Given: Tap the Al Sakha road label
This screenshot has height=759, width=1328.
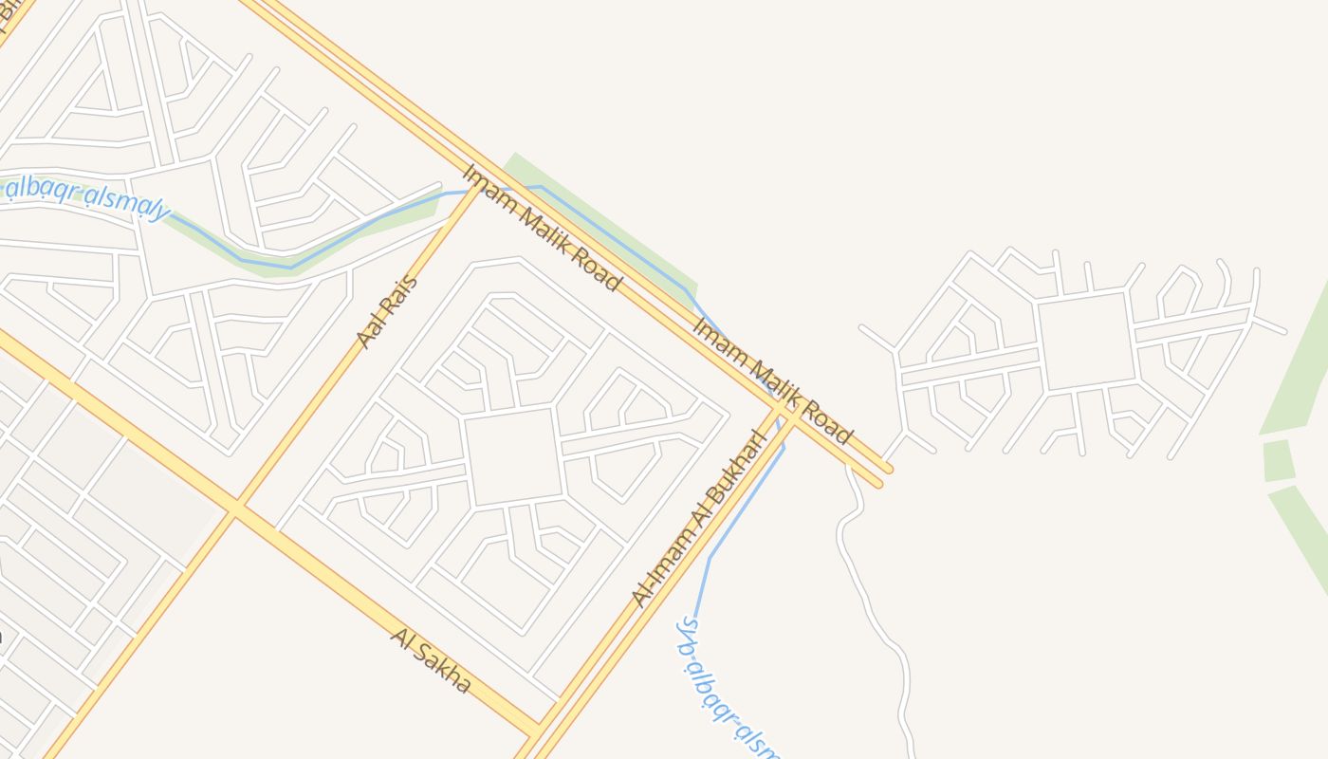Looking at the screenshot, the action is click(x=430, y=660).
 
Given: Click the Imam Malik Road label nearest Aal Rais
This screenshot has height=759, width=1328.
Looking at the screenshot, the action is click(x=542, y=228).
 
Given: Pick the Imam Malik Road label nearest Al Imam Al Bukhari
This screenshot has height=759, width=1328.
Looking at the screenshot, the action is click(x=772, y=381).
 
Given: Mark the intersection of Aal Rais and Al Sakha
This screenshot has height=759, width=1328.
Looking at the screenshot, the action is click(x=235, y=509).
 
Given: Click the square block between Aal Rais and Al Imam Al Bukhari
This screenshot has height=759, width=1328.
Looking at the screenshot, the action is click(x=513, y=456).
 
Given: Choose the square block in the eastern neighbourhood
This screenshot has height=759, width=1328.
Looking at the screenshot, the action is click(x=1086, y=340).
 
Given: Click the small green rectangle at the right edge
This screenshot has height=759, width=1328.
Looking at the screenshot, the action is click(x=1278, y=460).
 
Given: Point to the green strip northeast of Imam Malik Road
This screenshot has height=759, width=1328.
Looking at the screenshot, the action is click(x=607, y=228).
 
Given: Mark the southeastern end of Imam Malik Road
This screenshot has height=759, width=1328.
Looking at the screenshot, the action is click(x=884, y=475).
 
